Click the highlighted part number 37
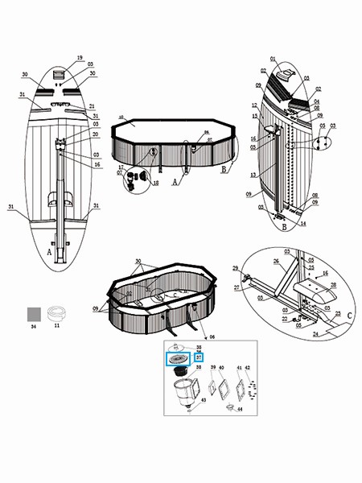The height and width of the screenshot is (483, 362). [198, 358]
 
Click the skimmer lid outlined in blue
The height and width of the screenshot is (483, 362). [177, 359]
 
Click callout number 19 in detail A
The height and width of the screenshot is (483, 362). [80, 58]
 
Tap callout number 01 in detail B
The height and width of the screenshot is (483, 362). [273, 59]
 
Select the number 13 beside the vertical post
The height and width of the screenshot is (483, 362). [253, 175]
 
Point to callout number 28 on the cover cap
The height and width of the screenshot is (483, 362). [333, 284]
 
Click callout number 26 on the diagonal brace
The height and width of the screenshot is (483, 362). [275, 261]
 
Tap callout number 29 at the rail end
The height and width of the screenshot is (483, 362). [235, 267]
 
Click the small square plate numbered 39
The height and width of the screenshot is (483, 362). [213, 386]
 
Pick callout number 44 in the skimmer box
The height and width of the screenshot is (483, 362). [240, 410]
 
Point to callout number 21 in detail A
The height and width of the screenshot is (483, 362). [92, 106]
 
